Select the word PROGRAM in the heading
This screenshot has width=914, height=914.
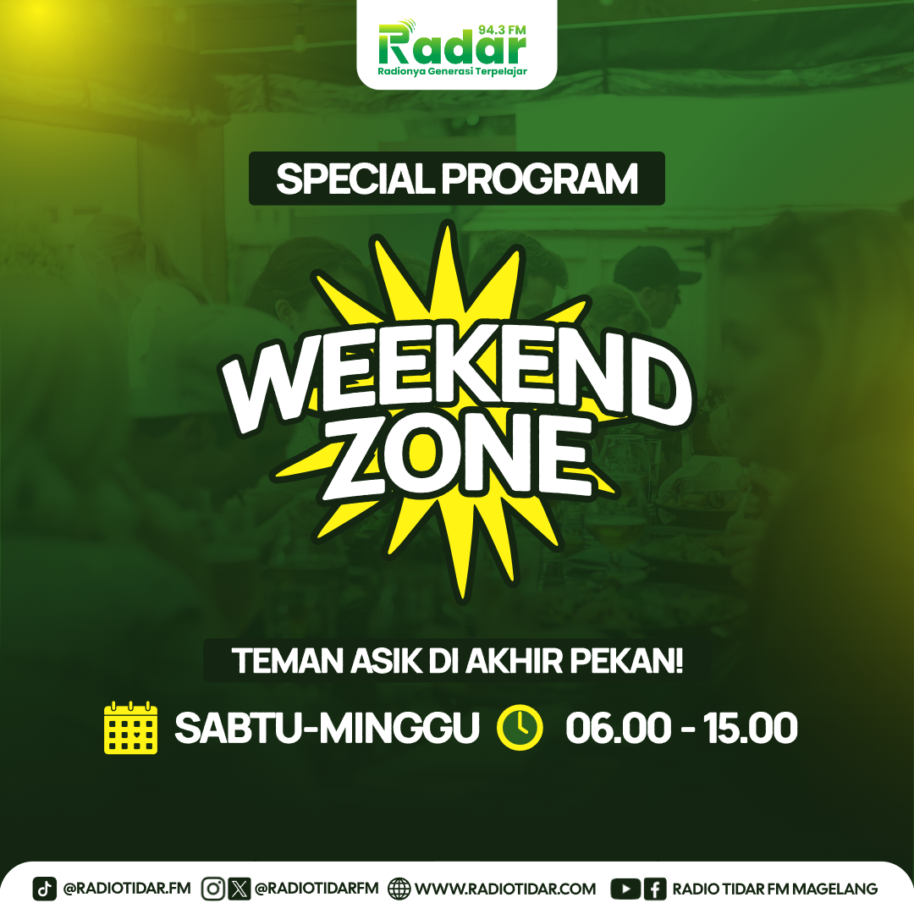coord(540,179)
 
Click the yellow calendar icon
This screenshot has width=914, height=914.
coord(130,728)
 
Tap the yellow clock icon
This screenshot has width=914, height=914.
coord(520,728)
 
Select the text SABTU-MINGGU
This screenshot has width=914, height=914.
coord(327,728)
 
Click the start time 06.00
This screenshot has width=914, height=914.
coord(618,728)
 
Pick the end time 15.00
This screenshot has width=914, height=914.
coord(751,728)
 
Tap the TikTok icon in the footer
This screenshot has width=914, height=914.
coord(44,889)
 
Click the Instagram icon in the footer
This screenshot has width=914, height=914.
coord(212,889)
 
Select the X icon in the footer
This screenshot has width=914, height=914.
coord(239,889)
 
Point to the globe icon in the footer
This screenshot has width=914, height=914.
coord(399,889)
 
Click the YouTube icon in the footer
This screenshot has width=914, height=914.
coord(625,889)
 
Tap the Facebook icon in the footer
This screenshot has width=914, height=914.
coord(655,889)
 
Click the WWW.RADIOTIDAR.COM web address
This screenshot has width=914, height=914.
coord(505,889)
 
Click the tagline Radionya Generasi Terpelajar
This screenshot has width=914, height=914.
coord(452,72)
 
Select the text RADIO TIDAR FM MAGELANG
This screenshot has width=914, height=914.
coord(775,889)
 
